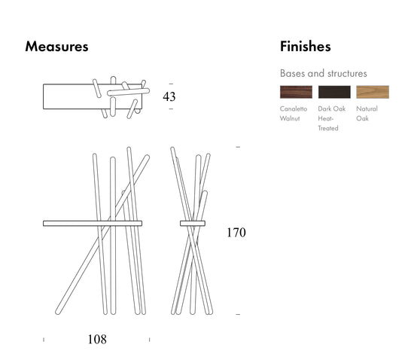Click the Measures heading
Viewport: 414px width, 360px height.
click(x=56, y=47)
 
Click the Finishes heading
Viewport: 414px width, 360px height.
click(x=305, y=47)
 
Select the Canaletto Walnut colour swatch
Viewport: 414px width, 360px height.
click(x=296, y=92)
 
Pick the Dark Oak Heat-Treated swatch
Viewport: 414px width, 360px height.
click(x=334, y=92)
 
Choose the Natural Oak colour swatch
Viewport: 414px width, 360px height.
click(x=373, y=92)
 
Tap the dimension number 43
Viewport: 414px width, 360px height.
click(x=169, y=96)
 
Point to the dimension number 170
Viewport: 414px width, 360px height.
click(x=236, y=233)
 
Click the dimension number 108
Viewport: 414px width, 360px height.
click(x=97, y=340)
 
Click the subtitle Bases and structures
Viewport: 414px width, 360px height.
click(x=324, y=73)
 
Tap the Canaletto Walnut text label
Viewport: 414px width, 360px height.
click(x=294, y=114)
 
